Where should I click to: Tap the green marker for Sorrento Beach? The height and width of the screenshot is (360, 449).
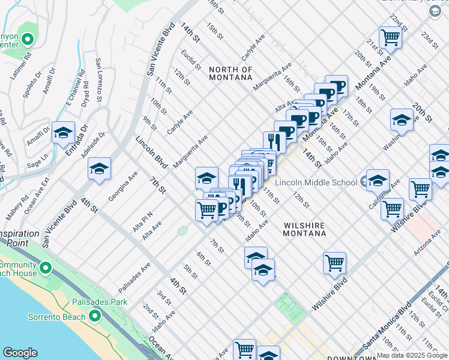click(94, 316)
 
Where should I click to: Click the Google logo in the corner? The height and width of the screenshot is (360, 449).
click(20, 353)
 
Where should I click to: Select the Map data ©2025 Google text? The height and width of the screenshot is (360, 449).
click(412, 356)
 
